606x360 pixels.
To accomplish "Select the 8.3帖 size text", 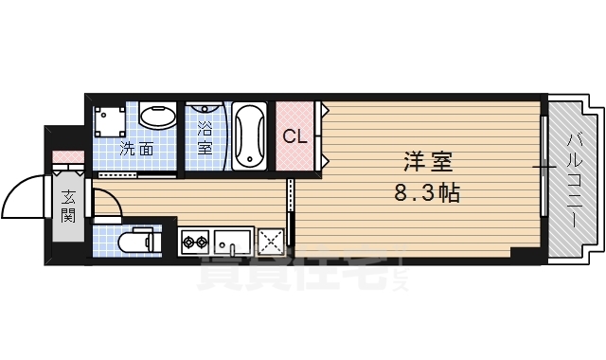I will pos(427,194).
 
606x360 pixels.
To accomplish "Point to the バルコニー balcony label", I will pos(575,180).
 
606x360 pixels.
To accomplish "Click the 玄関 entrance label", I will pos(68,206).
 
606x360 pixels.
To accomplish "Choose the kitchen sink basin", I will pos(231,242).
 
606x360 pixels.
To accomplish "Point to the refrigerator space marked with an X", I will pos(272,243).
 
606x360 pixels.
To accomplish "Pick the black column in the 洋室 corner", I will pos(524,253).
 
